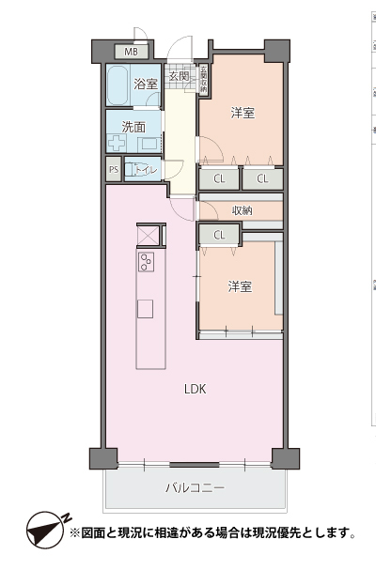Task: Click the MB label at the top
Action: point(132,51)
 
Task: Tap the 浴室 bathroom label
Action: point(145,85)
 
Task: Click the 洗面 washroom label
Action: point(133,126)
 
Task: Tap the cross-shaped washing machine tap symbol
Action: point(117,145)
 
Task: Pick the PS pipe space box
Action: point(114,170)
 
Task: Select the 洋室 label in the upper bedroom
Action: point(243,114)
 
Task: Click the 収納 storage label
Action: point(243,210)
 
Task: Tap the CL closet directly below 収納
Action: point(219,235)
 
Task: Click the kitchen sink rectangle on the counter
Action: point(145,309)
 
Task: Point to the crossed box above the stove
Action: point(149,235)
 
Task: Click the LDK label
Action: point(195,389)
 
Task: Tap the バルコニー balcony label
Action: point(196,488)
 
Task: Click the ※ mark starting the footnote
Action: point(76,533)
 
